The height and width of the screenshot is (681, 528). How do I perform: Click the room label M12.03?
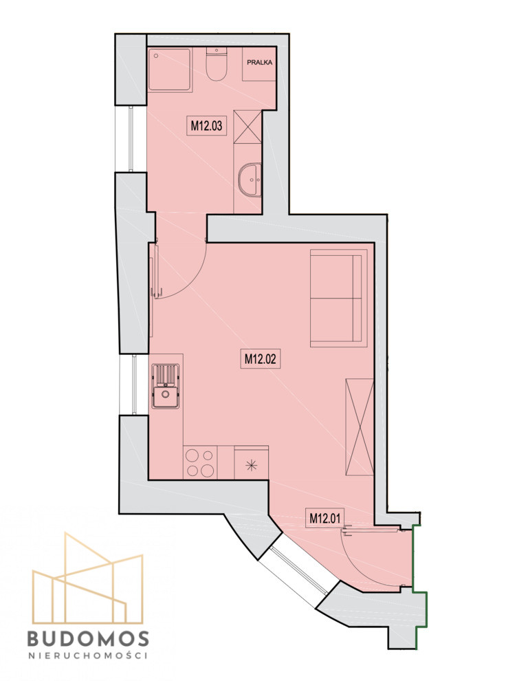coord(207,125)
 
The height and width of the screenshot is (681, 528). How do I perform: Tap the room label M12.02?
coord(261,359)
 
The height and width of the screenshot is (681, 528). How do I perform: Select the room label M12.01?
coord(325,518)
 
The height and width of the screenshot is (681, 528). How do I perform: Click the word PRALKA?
coord(260,63)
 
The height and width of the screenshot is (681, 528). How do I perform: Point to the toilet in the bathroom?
coord(217,63)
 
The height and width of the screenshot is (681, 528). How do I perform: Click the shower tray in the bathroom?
coord(170,69)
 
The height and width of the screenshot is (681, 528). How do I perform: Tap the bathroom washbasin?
coord(250,180)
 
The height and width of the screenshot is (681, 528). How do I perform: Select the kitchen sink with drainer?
coord(166,386)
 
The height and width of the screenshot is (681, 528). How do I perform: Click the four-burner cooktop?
coord(200,462)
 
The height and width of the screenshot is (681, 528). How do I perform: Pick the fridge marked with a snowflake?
coord(252,463)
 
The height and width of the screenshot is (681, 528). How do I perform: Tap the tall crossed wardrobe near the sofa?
coord(360,427)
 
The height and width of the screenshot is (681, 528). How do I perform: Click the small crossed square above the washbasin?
coord(247,127)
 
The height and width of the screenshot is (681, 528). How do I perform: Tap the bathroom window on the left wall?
coord(131,138)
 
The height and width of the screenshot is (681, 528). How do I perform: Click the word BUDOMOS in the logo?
coord(88,638)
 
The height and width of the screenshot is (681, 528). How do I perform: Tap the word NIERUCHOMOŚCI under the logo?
coord(88,656)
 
